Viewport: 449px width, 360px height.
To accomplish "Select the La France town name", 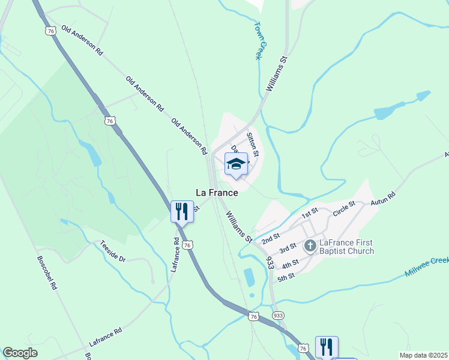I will (217, 193).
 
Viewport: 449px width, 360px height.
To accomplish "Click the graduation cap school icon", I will (236, 164).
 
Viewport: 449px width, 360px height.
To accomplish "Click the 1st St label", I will (309, 214).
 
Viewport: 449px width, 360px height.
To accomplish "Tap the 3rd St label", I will (288, 248).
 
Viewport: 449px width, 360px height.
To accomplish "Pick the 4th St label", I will (291, 265).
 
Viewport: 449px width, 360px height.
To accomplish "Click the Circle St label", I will (344, 212).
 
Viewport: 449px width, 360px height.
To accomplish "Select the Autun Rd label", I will (384, 199).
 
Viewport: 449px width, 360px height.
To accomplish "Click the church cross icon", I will (310, 245).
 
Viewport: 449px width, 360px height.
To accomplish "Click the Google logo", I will (20, 353).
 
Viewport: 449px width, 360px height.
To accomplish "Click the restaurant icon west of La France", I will (182, 211).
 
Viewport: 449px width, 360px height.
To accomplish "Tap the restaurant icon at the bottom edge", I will (326, 347).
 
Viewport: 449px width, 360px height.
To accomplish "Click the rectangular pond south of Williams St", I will (249, 277).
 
